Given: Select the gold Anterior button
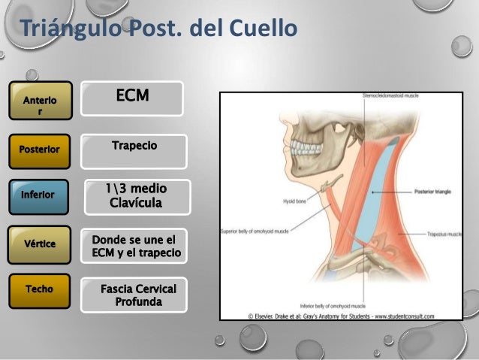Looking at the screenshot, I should pos(41,101).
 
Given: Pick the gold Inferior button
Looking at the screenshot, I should pos(41,195).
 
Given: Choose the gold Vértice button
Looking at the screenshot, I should pos(41,244).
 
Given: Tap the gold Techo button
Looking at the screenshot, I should pos(41,290).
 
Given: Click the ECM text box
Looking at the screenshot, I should pos(132,98).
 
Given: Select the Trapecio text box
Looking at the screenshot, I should pos(134,146).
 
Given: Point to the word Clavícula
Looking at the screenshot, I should pos(136,203).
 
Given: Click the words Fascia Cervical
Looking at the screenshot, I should pos(138,289).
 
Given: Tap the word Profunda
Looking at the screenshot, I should pos(138,302).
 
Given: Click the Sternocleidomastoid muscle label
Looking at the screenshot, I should pos(390,97).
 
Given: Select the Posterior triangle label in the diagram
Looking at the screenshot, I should pos(432,192).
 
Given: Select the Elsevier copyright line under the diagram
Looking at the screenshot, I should pos(348,316).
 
